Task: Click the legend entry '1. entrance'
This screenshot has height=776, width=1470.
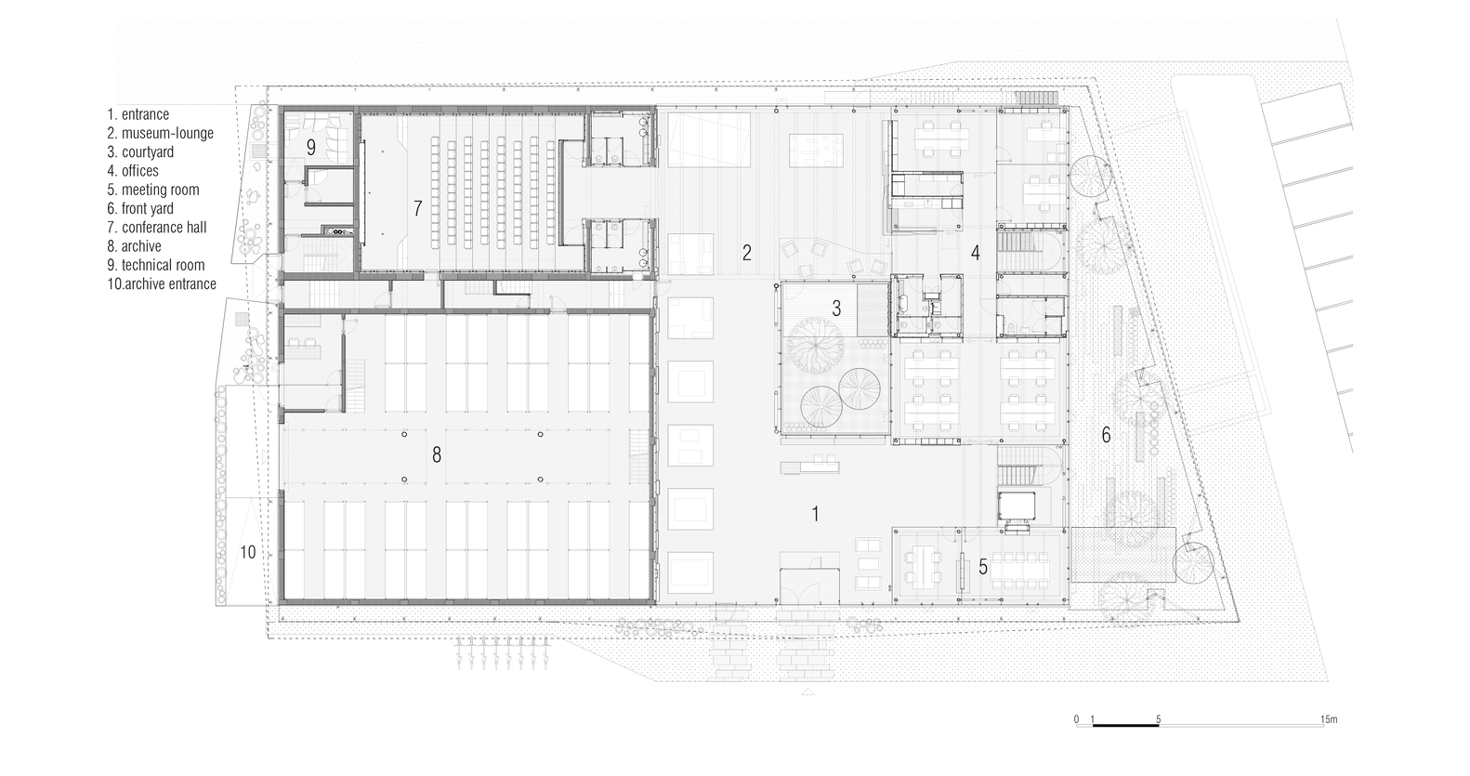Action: [138, 114]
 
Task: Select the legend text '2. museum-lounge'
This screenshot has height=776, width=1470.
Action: [161, 133]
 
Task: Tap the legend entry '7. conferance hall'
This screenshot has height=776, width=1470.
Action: [158, 228]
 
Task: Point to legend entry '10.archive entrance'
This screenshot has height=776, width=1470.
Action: [162, 284]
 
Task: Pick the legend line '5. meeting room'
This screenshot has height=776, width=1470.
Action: [153, 190]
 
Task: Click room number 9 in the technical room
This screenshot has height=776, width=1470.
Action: [311, 148]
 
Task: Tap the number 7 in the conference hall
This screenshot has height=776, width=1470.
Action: [418, 209]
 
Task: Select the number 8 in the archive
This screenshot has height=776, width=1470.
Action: [437, 454]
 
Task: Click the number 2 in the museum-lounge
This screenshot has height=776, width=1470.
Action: [747, 253]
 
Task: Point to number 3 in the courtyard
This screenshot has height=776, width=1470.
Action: [836, 308]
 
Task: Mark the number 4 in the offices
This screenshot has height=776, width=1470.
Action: [975, 253]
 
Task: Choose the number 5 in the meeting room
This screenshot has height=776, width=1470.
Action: [983, 567]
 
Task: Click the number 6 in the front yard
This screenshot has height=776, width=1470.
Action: [1106, 435]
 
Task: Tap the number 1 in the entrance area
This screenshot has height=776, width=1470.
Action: [815, 514]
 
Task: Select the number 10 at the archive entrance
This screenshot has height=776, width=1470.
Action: [247, 553]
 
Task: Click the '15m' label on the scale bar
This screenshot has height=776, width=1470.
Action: [1329, 719]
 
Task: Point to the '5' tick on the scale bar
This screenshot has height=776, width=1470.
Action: [1159, 719]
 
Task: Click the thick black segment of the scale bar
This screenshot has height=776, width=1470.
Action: [1125, 726]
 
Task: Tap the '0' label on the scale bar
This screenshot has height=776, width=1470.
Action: [1076, 719]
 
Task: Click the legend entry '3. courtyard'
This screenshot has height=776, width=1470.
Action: [140, 152]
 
